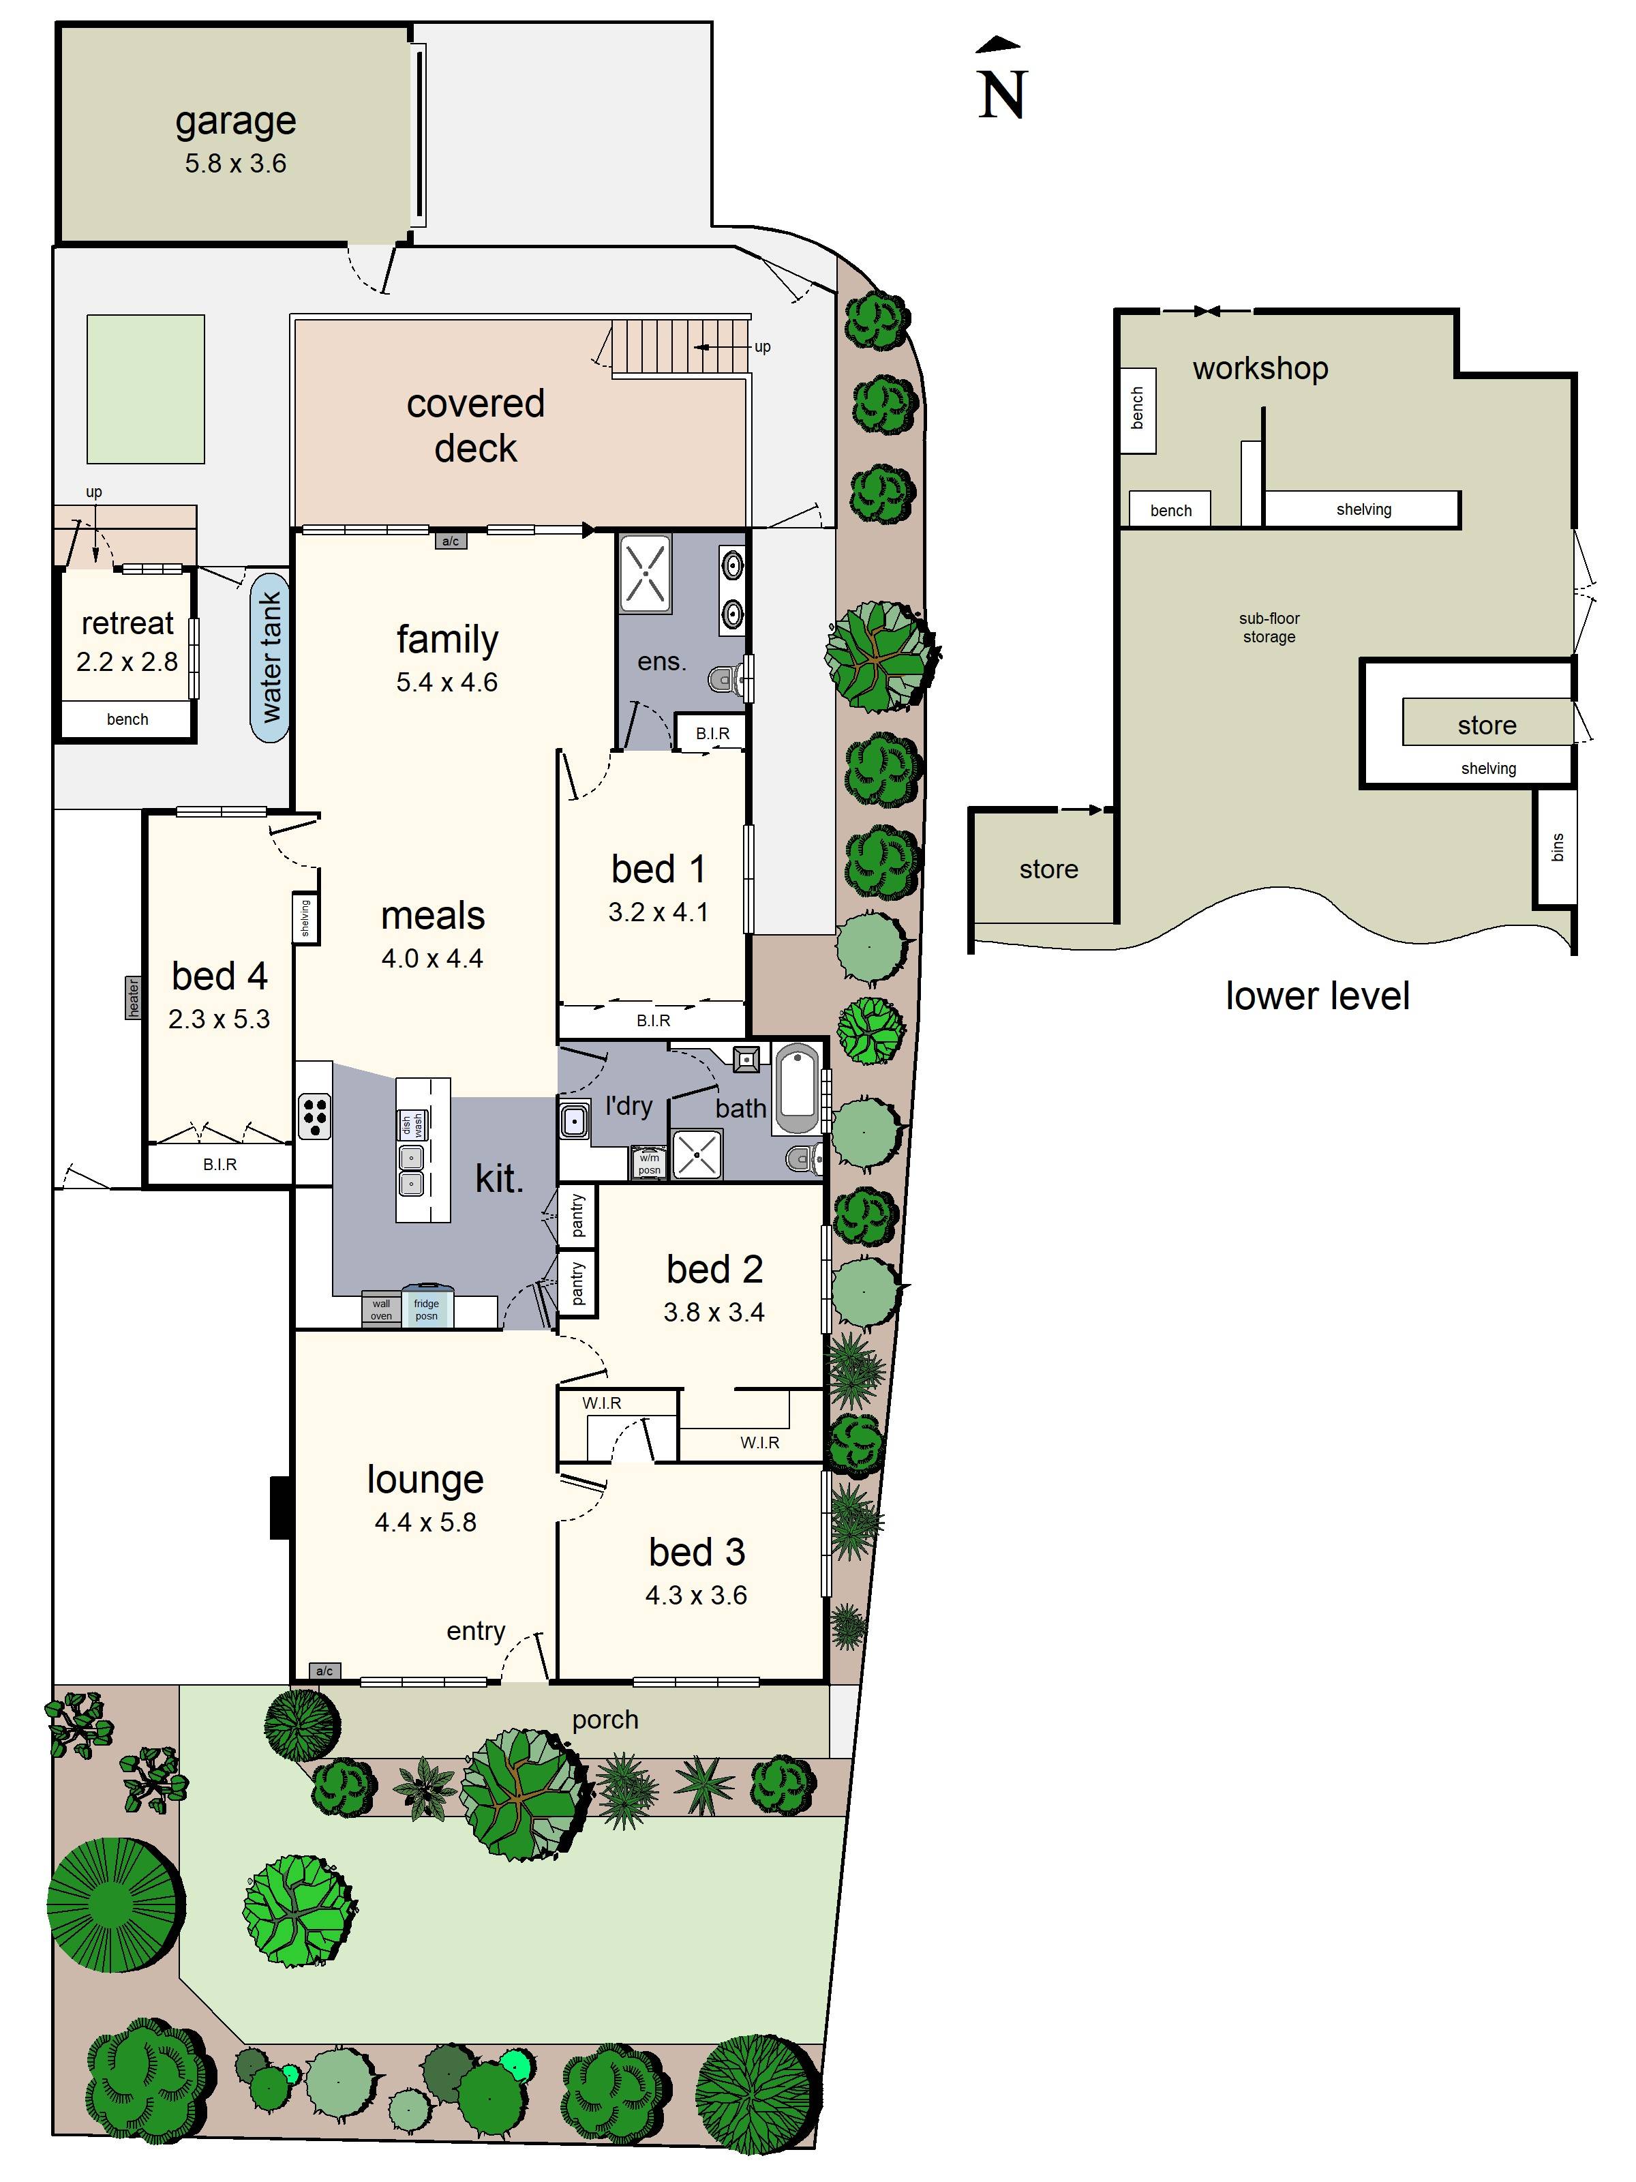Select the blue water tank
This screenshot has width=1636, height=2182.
tap(269, 656)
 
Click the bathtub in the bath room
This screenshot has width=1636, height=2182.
tap(797, 1091)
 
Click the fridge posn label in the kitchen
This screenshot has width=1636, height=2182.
tap(426, 1309)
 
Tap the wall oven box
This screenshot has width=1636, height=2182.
tap(380, 1309)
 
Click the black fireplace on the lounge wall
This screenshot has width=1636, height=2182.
tap(281, 1507)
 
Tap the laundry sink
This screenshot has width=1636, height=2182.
tap(573, 1122)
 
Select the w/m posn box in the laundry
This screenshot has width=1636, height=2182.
tap(649, 1164)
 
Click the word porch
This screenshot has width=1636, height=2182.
tap(605, 1720)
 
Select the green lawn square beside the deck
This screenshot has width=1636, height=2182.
tap(146, 389)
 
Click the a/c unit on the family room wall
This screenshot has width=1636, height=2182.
tap(450, 541)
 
